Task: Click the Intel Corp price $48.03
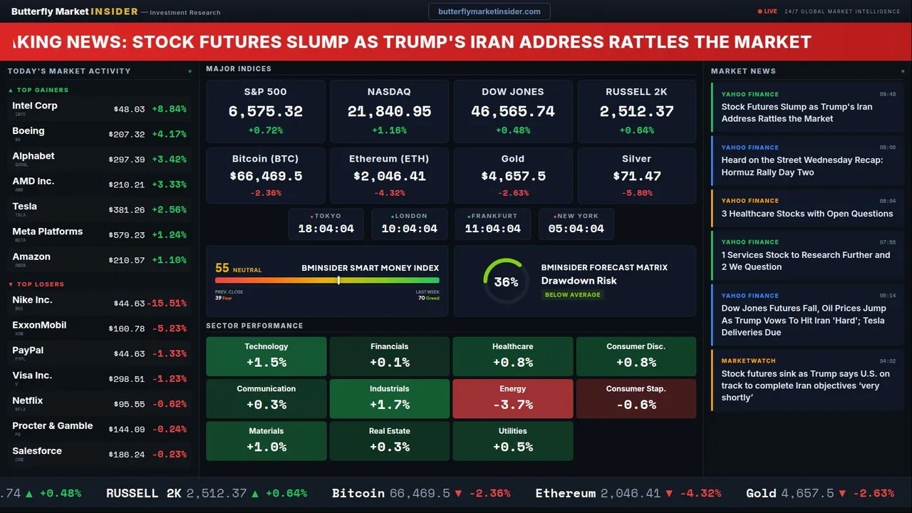[x=129, y=110]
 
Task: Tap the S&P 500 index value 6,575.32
[x=265, y=112]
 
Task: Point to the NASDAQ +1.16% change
[x=389, y=130]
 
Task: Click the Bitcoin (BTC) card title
[x=265, y=159]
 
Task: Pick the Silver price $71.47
[x=636, y=176]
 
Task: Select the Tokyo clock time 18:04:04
[x=326, y=229]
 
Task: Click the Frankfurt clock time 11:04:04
[x=492, y=229]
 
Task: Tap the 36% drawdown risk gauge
[x=506, y=281]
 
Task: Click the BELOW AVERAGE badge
[x=573, y=294]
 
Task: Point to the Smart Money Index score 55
[x=222, y=269]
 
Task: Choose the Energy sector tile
[x=512, y=398]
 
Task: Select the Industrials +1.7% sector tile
[x=389, y=398]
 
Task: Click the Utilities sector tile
[x=512, y=440]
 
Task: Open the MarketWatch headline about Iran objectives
[x=805, y=385]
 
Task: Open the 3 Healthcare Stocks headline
[x=807, y=214]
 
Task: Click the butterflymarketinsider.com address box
[x=489, y=11]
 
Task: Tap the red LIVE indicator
[x=767, y=11]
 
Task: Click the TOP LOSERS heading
[x=40, y=284]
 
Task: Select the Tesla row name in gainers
[x=25, y=207]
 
